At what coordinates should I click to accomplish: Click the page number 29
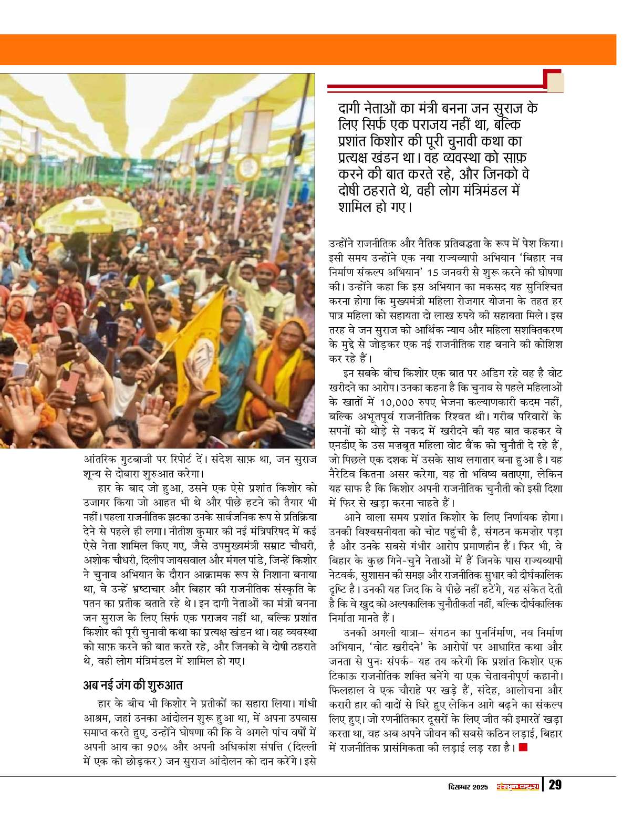pos(555,785)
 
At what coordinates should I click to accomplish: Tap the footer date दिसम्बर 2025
pos(469,786)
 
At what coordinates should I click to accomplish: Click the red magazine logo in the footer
pos(518,786)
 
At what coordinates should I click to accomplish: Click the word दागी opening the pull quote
pos(355,109)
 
